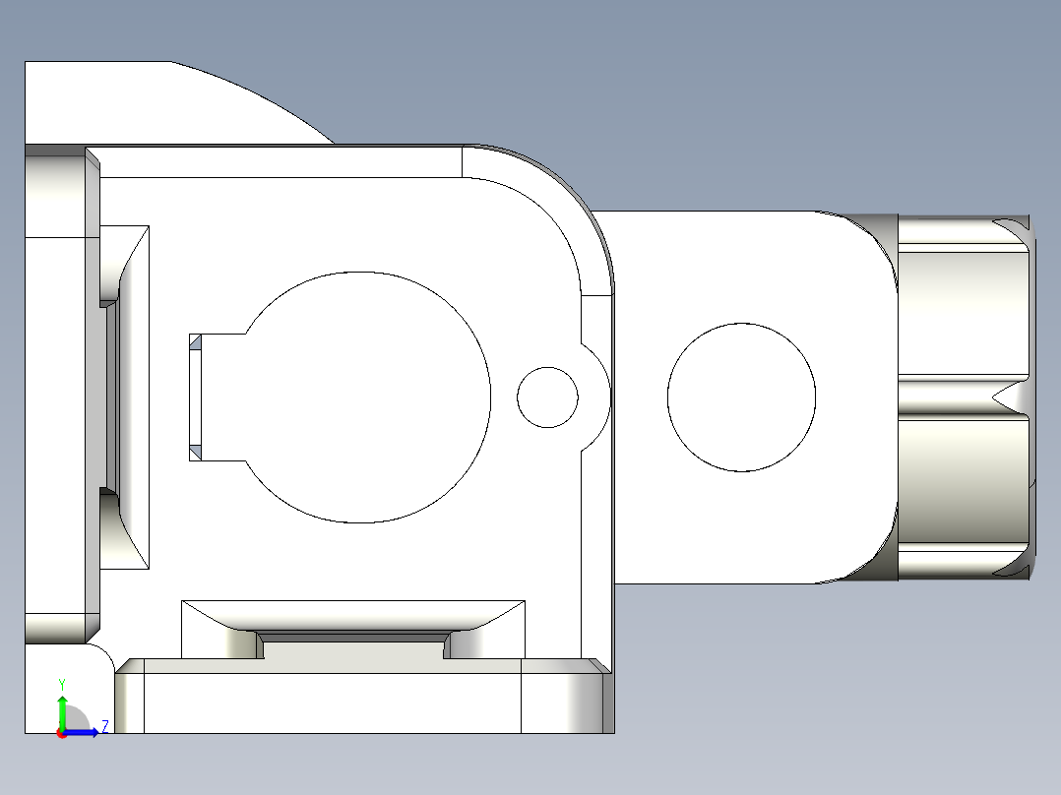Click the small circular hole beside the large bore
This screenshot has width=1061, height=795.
click(547, 397)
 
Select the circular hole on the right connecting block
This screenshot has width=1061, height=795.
click(741, 397)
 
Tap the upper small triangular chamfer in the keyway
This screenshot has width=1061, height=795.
click(195, 341)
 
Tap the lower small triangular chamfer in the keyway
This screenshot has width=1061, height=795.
click(195, 452)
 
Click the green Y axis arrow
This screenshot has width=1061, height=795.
click(62, 709)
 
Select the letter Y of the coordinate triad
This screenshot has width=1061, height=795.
click(62, 684)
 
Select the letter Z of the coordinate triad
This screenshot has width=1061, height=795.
click(105, 726)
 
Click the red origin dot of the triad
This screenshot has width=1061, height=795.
click(62, 733)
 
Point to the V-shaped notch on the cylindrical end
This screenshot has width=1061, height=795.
click(1009, 397)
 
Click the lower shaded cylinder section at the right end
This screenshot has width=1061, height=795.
click(960, 482)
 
